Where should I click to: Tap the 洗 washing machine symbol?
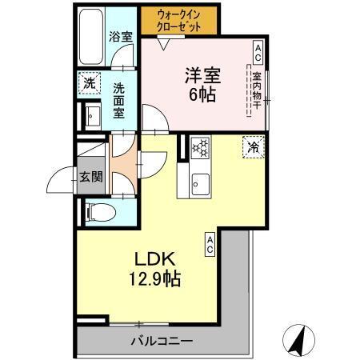[x=90, y=82]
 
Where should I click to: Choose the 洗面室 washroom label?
[x=118, y=101]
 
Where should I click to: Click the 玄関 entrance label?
[x=90, y=177]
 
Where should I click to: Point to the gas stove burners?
[x=200, y=148]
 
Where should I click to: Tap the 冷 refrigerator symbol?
[x=254, y=147]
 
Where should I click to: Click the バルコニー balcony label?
[x=162, y=341]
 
